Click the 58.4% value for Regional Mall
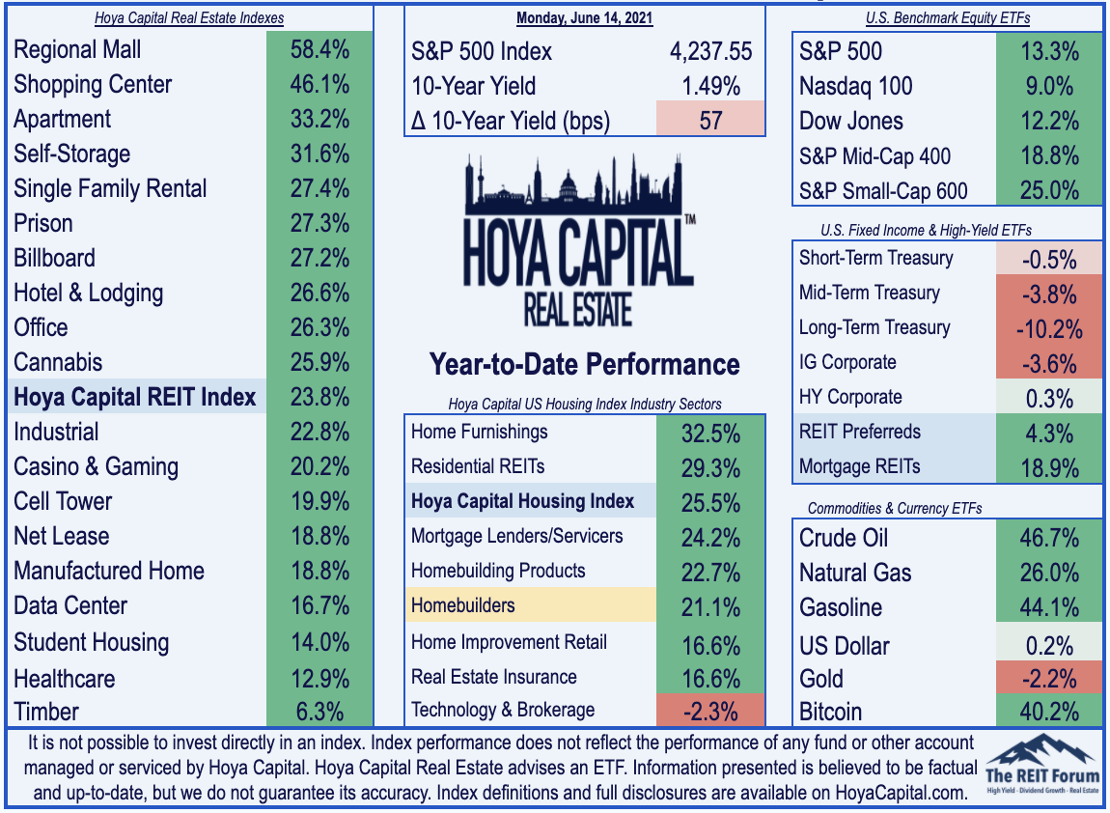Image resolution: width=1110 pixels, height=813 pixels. [x=319, y=49]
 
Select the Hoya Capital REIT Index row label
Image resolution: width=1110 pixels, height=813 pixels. [x=134, y=397]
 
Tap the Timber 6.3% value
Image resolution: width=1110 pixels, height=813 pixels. [x=319, y=712]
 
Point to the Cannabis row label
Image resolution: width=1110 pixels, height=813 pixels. [x=58, y=362]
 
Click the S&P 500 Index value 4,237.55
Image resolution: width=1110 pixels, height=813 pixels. [x=710, y=51]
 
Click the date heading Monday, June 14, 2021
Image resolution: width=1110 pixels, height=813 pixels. [x=584, y=17]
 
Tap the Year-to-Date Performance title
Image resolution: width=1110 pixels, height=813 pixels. [x=584, y=364]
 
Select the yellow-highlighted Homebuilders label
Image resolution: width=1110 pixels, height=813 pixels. [x=463, y=605]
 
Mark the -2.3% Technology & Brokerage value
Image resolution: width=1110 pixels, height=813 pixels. [x=710, y=711]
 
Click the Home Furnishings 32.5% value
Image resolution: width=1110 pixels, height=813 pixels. [x=710, y=433]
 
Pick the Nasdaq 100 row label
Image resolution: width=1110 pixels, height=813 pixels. [x=856, y=86]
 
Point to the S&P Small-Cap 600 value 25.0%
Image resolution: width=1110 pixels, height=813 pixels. [x=1049, y=190]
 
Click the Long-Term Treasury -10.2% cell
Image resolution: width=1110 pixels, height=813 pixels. [x=1049, y=329]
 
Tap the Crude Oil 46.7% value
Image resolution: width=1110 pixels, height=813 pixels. [x=1049, y=538]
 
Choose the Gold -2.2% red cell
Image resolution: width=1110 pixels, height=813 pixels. [x=1049, y=679]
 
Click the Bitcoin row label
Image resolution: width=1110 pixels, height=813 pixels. [x=830, y=712]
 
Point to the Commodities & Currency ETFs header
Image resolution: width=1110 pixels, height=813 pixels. [x=895, y=509]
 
